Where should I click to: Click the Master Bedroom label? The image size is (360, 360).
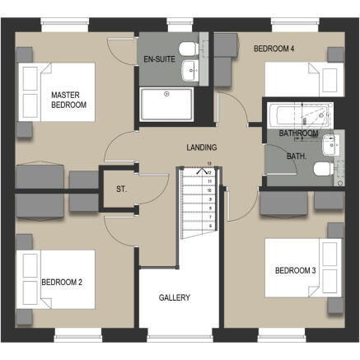tap(68, 100)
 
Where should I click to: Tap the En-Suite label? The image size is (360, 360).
tap(160, 59)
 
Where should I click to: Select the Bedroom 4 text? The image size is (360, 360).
tap(274, 49)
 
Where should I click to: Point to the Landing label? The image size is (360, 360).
tap(202, 147)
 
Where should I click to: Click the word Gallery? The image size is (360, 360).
tap(175, 297)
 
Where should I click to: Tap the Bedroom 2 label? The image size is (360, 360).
tap(62, 282)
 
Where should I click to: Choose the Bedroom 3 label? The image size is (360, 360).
tap(296, 270)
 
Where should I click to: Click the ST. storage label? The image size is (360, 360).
tap(121, 189)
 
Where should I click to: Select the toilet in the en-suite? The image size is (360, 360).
tap(189, 49)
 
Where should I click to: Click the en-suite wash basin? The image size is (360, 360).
tap(191, 71)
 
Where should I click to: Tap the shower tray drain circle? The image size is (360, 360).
tap(166, 94)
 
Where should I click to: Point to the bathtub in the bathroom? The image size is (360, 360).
tap(301, 115)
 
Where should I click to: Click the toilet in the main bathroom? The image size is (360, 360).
tap(324, 169)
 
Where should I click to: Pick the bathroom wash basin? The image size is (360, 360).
tap(330, 145)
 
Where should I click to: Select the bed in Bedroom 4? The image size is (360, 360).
tap(304, 79)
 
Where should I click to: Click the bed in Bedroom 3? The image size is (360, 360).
tap(303, 268)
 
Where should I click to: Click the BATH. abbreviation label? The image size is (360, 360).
tap(297, 157)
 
